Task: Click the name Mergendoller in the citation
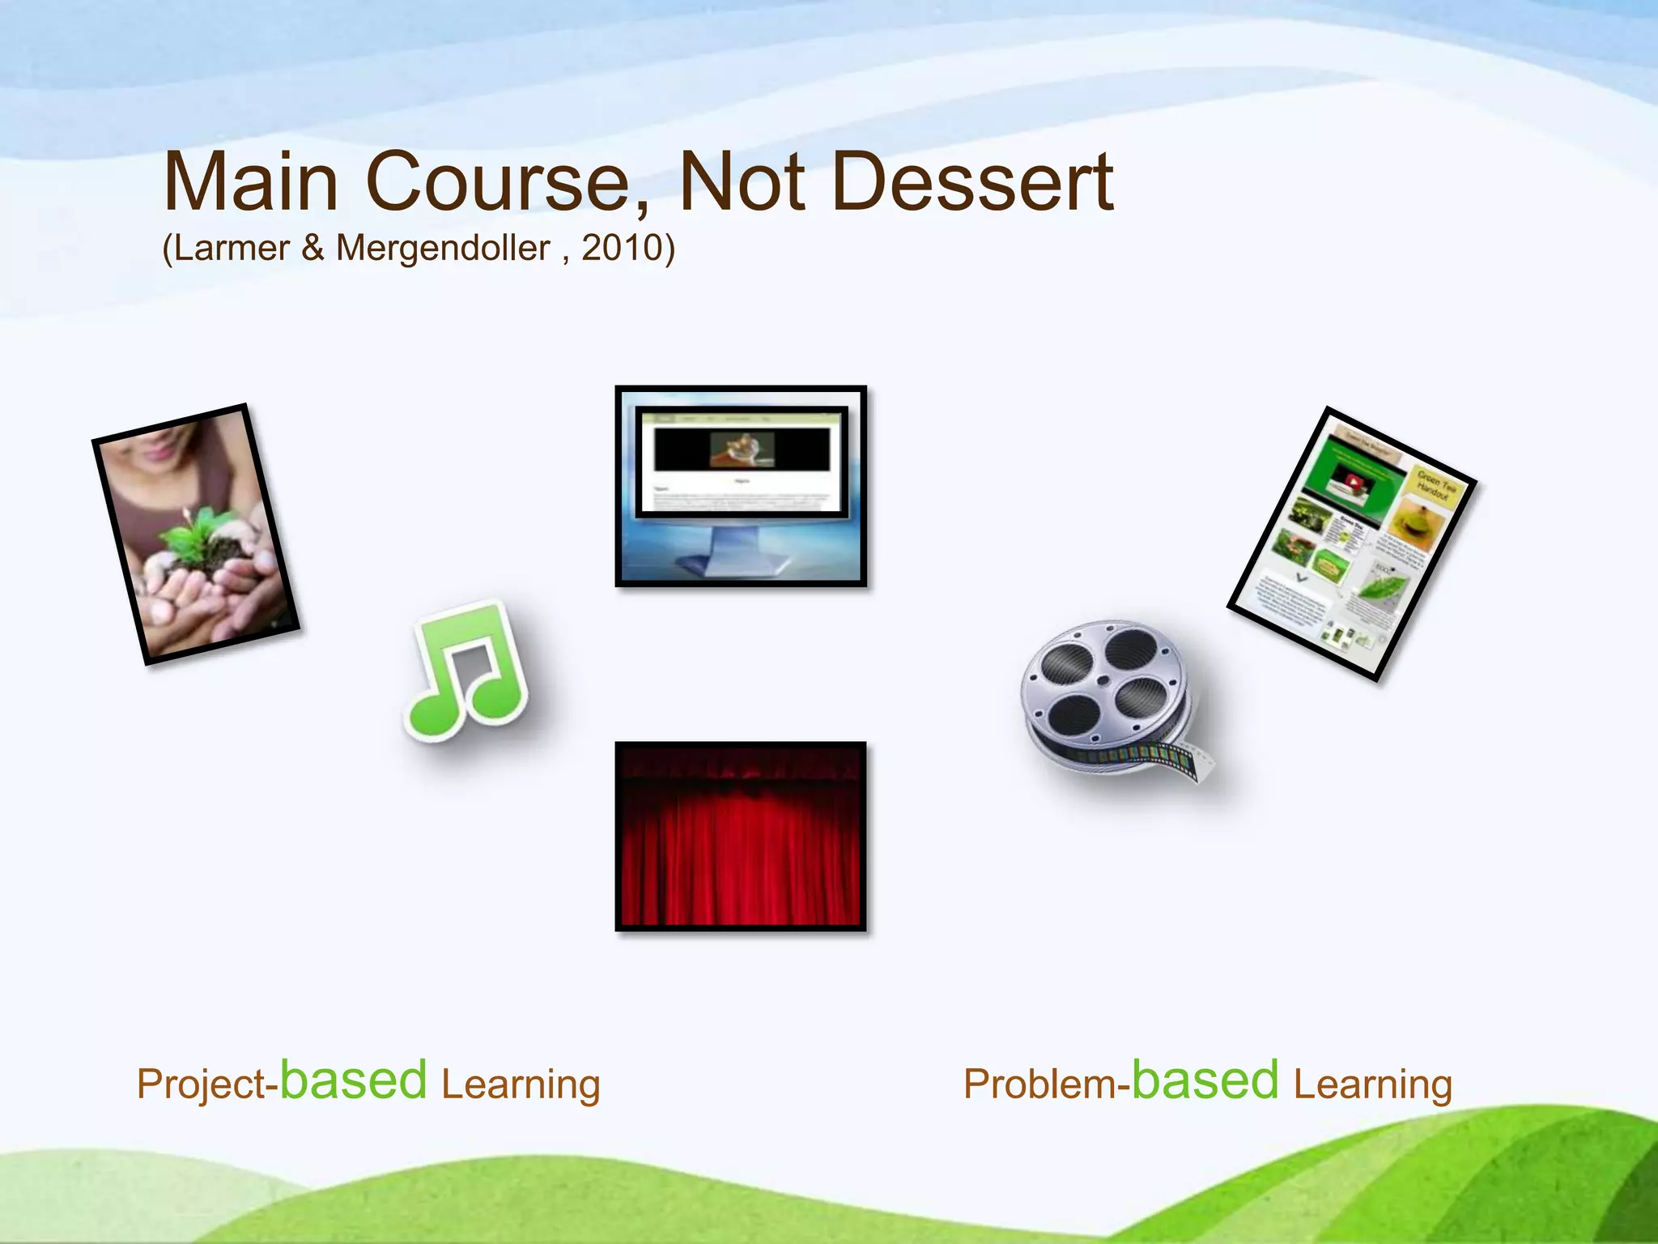point(443,248)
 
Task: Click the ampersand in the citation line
point(312,248)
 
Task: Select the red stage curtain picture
point(740,836)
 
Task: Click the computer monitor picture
point(740,486)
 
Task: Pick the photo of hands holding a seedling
point(195,535)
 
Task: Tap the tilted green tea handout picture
point(1352,543)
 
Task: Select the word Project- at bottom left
point(206,1084)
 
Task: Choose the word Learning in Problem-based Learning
point(1372,1084)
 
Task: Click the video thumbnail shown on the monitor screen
point(742,449)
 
